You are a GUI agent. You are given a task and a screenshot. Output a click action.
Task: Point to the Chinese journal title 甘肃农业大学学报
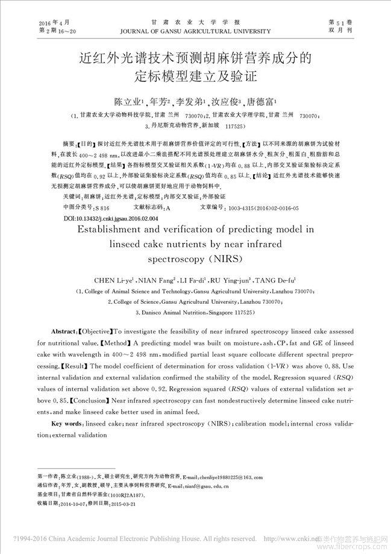click(196, 20)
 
